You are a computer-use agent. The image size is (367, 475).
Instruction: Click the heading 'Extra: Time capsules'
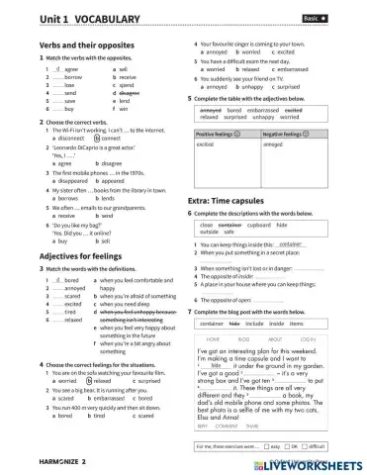tap(231, 202)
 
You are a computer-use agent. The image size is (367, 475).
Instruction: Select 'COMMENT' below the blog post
tap(242, 426)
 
